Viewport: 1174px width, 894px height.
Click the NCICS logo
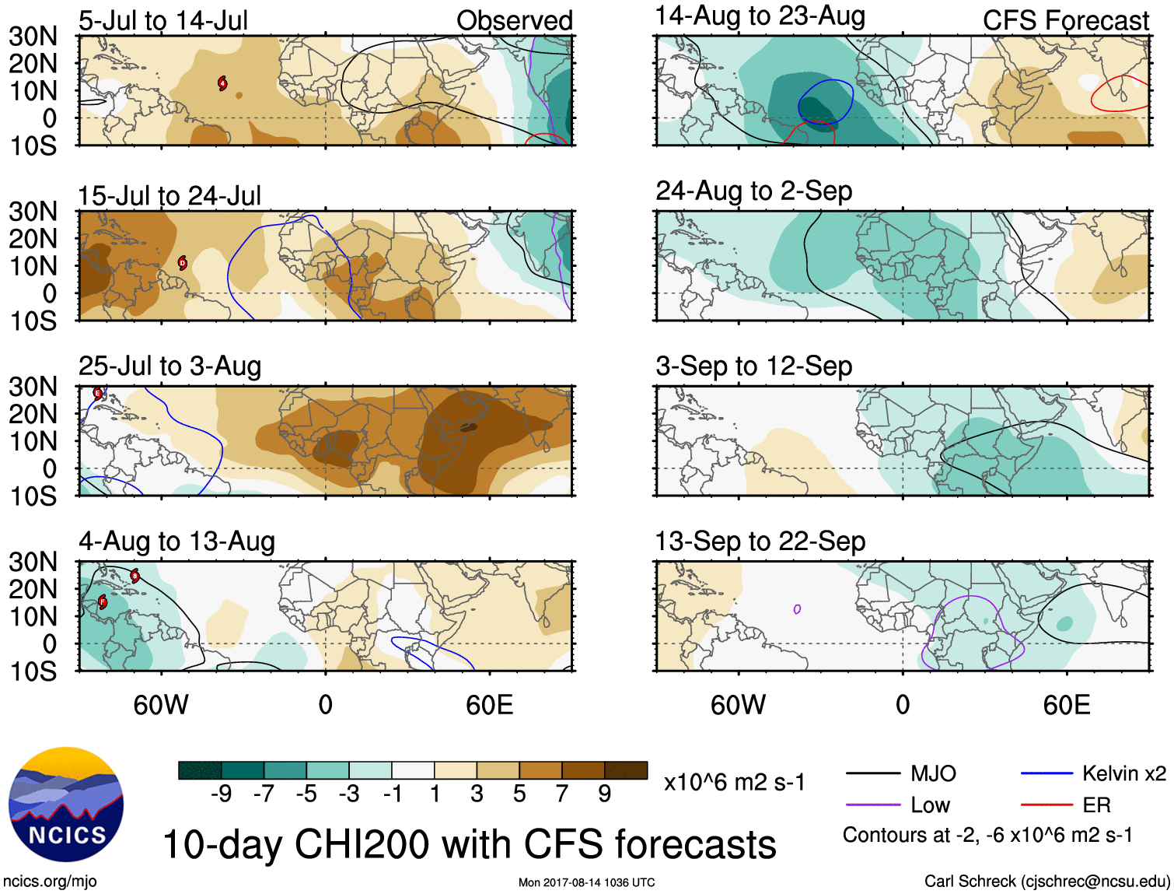66,805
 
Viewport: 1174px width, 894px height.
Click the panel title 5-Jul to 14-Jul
163,21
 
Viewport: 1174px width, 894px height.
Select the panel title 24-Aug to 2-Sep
753,191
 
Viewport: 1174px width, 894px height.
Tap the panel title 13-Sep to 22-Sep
760,542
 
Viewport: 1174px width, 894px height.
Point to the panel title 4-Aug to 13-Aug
176,542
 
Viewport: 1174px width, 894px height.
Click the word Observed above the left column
514,21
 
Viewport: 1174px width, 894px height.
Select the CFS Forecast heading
1065,21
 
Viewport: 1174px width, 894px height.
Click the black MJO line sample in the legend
872,773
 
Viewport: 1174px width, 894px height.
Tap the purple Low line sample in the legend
872,805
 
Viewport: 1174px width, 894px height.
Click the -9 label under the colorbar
221,794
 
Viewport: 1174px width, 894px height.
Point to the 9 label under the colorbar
605,794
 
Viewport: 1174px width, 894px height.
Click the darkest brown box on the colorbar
626,770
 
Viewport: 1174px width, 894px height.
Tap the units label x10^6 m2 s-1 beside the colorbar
734,783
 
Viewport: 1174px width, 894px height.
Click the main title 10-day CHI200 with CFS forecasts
469,845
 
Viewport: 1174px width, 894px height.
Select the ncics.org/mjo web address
50,882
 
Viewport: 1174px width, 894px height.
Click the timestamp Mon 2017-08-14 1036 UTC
586,882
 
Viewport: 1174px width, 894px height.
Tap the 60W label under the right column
738,705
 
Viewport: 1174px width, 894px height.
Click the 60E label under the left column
489,705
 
